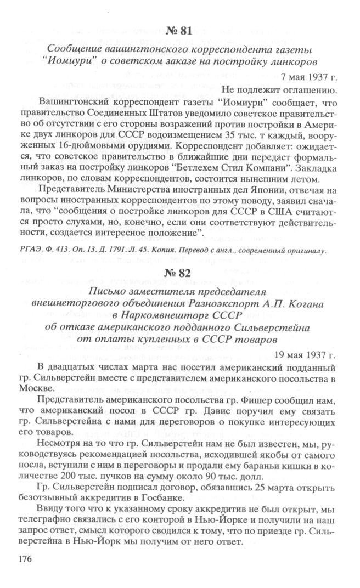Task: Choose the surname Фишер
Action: (x=230, y=400)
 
